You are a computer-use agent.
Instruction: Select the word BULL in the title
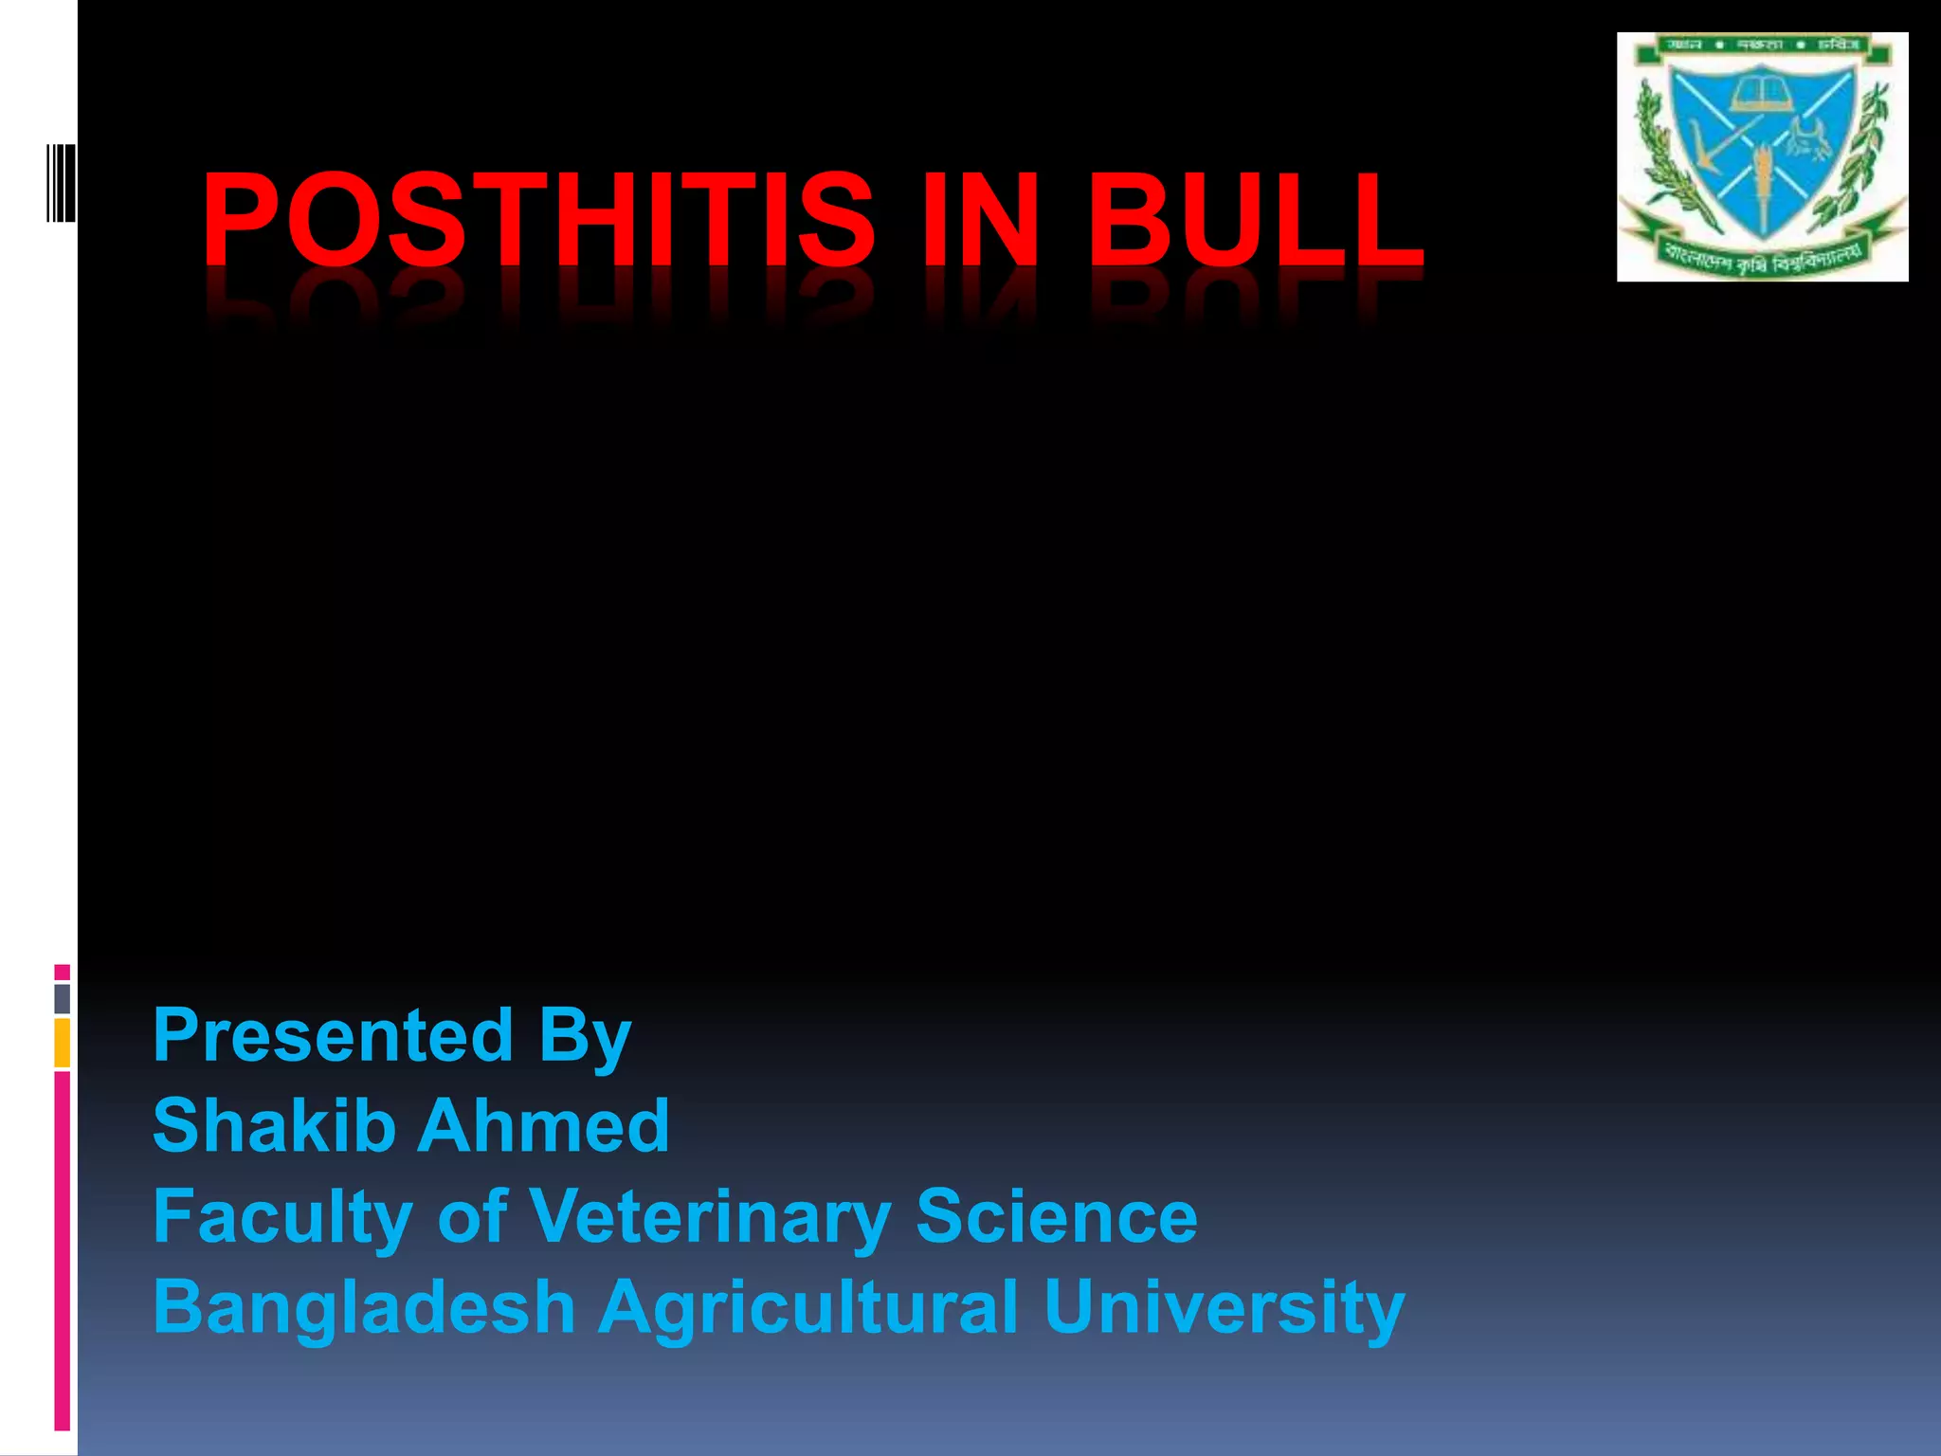tap(1255, 220)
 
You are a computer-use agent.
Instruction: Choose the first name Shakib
tap(274, 1126)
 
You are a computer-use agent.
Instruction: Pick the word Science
tap(1057, 1217)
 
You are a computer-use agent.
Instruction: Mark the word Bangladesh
tap(364, 1308)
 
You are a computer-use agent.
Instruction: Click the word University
tap(1224, 1308)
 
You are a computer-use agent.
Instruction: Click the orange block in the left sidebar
tap(63, 1043)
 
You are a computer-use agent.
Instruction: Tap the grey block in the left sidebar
tap(63, 998)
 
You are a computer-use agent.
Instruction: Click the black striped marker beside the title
tap(61, 183)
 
